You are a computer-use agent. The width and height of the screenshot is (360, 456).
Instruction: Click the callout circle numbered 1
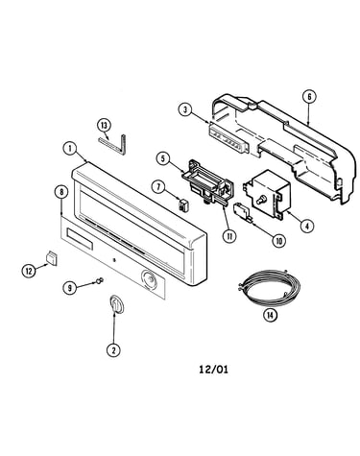pyautogui.click(x=70, y=149)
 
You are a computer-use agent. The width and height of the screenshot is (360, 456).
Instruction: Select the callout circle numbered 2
pyautogui.click(x=113, y=349)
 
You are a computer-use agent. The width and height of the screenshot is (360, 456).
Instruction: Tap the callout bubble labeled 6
pyautogui.click(x=309, y=97)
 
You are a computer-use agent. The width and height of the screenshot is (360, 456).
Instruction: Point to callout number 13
pyautogui.click(x=104, y=126)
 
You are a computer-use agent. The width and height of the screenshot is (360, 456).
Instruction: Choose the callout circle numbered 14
pyautogui.click(x=270, y=315)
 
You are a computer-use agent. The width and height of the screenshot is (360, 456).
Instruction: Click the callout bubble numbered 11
pyautogui.click(x=229, y=236)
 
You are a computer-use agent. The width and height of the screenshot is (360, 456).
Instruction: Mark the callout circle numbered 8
pyautogui.click(x=61, y=192)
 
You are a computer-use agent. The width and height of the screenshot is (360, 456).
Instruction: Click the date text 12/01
pyautogui.click(x=214, y=370)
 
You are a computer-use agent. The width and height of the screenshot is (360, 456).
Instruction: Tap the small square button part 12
pyautogui.click(x=52, y=258)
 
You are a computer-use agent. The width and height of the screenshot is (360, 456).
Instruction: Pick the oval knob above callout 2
pyautogui.click(x=116, y=304)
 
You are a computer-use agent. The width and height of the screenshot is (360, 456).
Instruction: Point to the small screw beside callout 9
pyautogui.click(x=100, y=280)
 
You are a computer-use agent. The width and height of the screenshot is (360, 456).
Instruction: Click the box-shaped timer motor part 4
pyautogui.click(x=264, y=194)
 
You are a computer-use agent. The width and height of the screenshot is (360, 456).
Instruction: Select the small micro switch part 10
pyautogui.click(x=243, y=211)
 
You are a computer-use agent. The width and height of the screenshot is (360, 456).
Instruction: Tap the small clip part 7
pyautogui.click(x=184, y=204)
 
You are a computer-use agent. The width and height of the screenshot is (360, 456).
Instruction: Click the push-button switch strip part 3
pyautogui.click(x=228, y=137)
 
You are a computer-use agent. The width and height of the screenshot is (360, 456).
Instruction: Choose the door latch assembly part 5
pyautogui.click(x=207, y=182)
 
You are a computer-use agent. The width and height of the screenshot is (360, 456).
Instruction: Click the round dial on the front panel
pyautogui.click(x=149, y=279)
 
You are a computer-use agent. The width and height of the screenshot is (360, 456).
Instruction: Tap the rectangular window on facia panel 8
pyautogui.click(x=80, y=239)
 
